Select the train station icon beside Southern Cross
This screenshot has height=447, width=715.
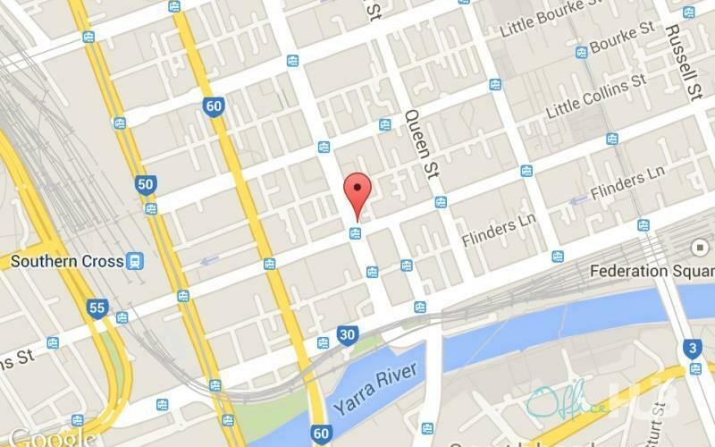tap(135, 261)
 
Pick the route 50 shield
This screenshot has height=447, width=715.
tap(145, 184)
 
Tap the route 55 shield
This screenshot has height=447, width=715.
tap(97, 309)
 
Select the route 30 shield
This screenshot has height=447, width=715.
tap(349, 335)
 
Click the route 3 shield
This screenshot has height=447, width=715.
tap(694, 347)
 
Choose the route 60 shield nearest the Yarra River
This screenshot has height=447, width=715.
tap(321, 434)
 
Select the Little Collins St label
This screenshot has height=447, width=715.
tap(596, 93)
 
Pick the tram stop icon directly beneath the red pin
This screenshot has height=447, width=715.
tap(356, 234)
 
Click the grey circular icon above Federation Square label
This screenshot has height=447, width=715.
tap(699, 246)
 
